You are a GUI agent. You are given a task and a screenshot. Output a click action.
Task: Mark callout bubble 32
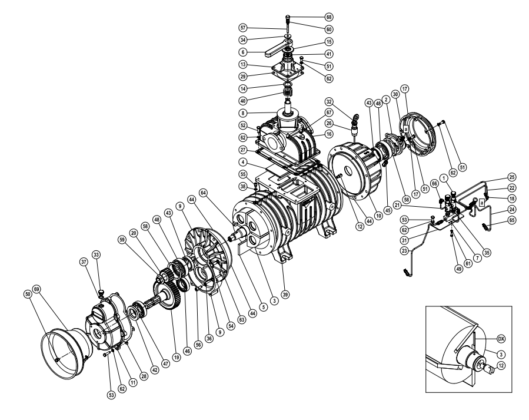pyautogui.click(x=345, y=101)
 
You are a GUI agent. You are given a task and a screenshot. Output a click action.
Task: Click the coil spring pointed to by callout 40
pyautogui.click(x=288, y=94)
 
